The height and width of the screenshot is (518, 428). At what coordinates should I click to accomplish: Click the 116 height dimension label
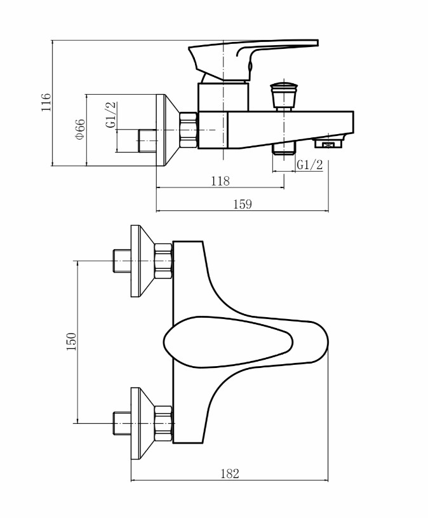(x=46, y=102)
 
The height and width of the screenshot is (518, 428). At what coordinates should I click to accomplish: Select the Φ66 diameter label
(x=80, y=129)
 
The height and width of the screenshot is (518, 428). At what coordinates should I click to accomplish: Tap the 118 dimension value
(x=220, y=181)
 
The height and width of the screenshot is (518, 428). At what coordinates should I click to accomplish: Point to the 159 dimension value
(x=243, y=204)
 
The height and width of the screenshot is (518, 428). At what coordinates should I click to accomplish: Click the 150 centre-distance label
(x=71, y=341)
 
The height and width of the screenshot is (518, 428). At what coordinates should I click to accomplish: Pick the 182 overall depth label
(x=230, y=474)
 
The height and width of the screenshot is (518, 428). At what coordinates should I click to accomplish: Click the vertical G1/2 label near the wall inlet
(x=111, y=114)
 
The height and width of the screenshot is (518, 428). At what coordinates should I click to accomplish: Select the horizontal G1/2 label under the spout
(x=310, y=165)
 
